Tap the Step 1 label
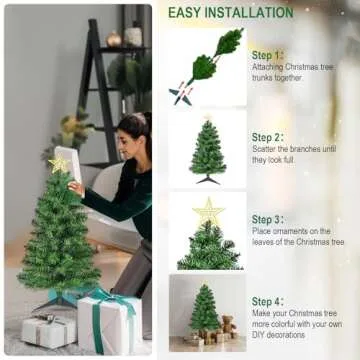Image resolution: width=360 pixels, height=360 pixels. point(267,55)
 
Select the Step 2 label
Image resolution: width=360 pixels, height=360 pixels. point(267,137)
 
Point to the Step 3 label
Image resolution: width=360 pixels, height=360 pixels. point(267,219)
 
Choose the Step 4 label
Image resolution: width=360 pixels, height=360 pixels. point(267,301)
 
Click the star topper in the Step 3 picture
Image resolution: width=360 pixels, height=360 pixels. point(209,213)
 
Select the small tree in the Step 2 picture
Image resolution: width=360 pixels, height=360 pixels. point(208,153)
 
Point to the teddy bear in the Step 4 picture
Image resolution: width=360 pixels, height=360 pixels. point(228,326)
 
